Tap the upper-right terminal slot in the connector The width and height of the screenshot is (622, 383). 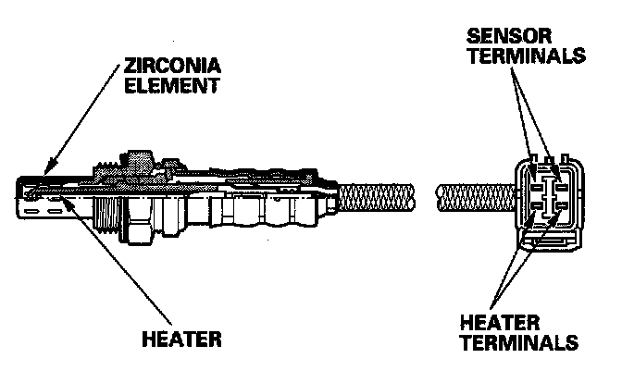click(x=559, y=179)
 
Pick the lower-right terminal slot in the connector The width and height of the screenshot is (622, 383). click(x=559, y=211)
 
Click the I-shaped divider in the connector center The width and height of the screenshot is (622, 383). click(x=547, y=195)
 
